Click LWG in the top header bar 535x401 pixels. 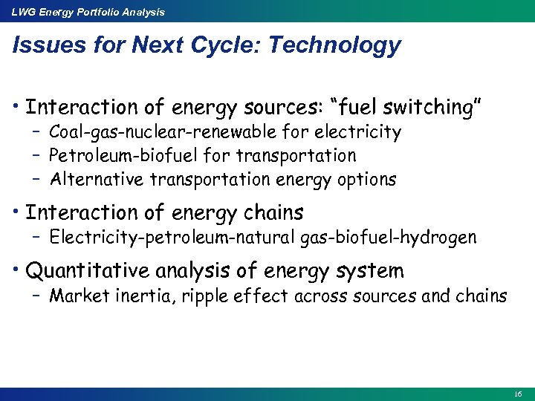(22, 12)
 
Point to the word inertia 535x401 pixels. (137, 296)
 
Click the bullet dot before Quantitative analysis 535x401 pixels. (16, 270)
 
